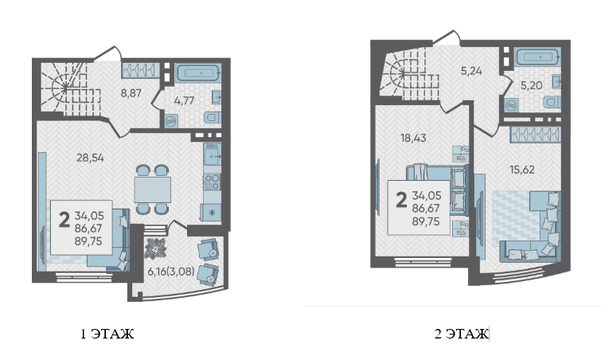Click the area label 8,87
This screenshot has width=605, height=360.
tap(131, 93)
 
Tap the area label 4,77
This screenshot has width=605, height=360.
tap(184, 101)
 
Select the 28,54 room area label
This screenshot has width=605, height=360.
tap(90, 158)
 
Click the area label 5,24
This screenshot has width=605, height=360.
tap(471, 71)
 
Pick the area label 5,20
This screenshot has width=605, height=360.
tap(531, 85)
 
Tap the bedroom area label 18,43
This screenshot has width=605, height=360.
tap(413, 138)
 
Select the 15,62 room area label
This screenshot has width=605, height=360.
tap(522, 170)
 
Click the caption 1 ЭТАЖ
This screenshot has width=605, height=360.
tap(107, 334)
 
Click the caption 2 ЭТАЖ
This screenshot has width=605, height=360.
tap(461, 334)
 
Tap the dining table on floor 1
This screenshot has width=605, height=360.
tap(153, 190)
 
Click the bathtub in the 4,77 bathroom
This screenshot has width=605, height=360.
tap(198, 72)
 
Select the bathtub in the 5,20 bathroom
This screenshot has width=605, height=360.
tap(538, 57)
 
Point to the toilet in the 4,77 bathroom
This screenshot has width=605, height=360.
tap(213, 117)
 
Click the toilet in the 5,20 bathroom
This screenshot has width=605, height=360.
tap(552, 103)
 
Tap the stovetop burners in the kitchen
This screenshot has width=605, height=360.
tap(212, 182)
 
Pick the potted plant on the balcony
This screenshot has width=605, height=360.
tap(155, 248)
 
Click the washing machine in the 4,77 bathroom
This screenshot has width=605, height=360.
tap(171, 121)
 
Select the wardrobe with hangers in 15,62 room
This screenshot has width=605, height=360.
tap(535, 135)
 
